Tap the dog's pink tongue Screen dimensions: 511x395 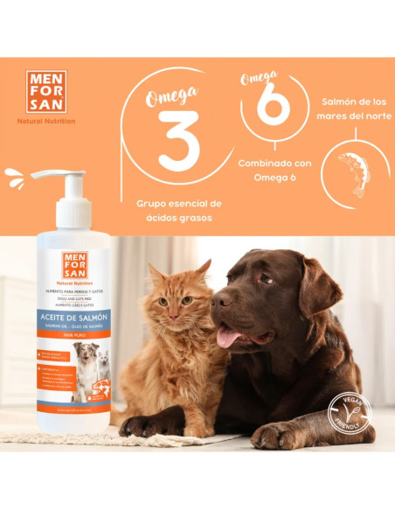pos(230,335)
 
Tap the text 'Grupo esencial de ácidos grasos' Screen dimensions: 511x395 pos(178,210)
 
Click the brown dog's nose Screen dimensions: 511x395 pos(222,300)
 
